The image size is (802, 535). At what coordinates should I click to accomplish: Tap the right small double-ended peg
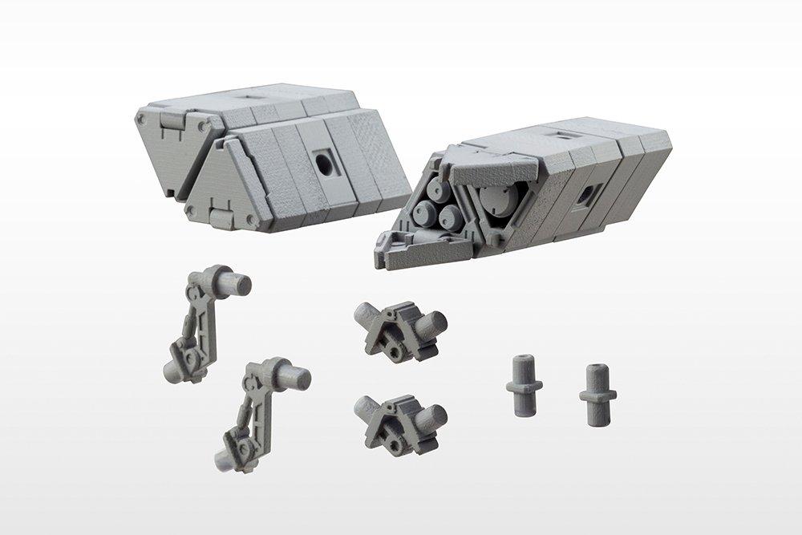[x=597, y=392]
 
